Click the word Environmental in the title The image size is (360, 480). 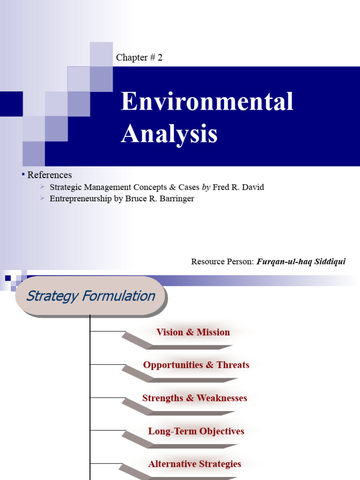pos(207,102)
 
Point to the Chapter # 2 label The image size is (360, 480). pos(139,58)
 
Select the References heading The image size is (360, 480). pos(50,175)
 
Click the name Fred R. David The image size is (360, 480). pos(238,187)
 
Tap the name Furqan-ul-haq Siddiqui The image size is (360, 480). pos(301,262)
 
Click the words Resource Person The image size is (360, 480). pos(222,262)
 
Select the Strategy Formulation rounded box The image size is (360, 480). pos(90,296)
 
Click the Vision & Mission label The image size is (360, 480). pos(193,332)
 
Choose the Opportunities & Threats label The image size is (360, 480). pos(196,365)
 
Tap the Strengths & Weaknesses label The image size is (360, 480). pos(195,398)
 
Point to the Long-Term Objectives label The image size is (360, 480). pos(196,431)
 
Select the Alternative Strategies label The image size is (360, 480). pos(195,464)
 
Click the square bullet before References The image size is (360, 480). pos(23,174)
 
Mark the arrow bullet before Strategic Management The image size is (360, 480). pos(43,187)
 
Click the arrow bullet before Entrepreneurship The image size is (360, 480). pos(43,198)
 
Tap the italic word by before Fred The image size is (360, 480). pos(206,187)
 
